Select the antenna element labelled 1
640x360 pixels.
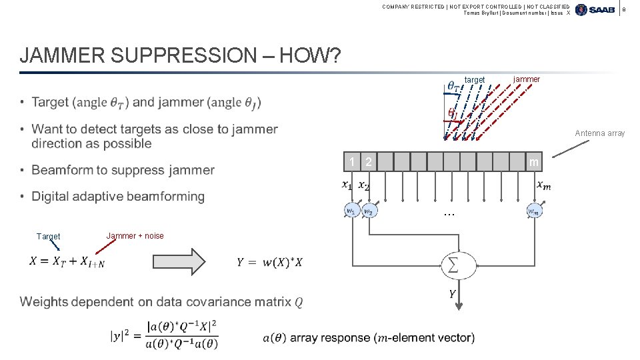[351, 162]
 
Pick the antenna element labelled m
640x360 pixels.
[533, 162]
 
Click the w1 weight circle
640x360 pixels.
[350, 211]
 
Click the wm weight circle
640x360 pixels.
[533, 211]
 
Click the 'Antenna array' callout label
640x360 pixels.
[600, 133]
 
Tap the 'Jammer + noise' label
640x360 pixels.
[135, 235]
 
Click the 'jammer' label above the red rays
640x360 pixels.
[527, 79]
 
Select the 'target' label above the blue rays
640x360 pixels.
[475, 80]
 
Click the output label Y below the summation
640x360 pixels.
[452, 293]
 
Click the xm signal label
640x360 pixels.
[544, 185]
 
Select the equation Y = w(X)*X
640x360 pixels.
[269, 263]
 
